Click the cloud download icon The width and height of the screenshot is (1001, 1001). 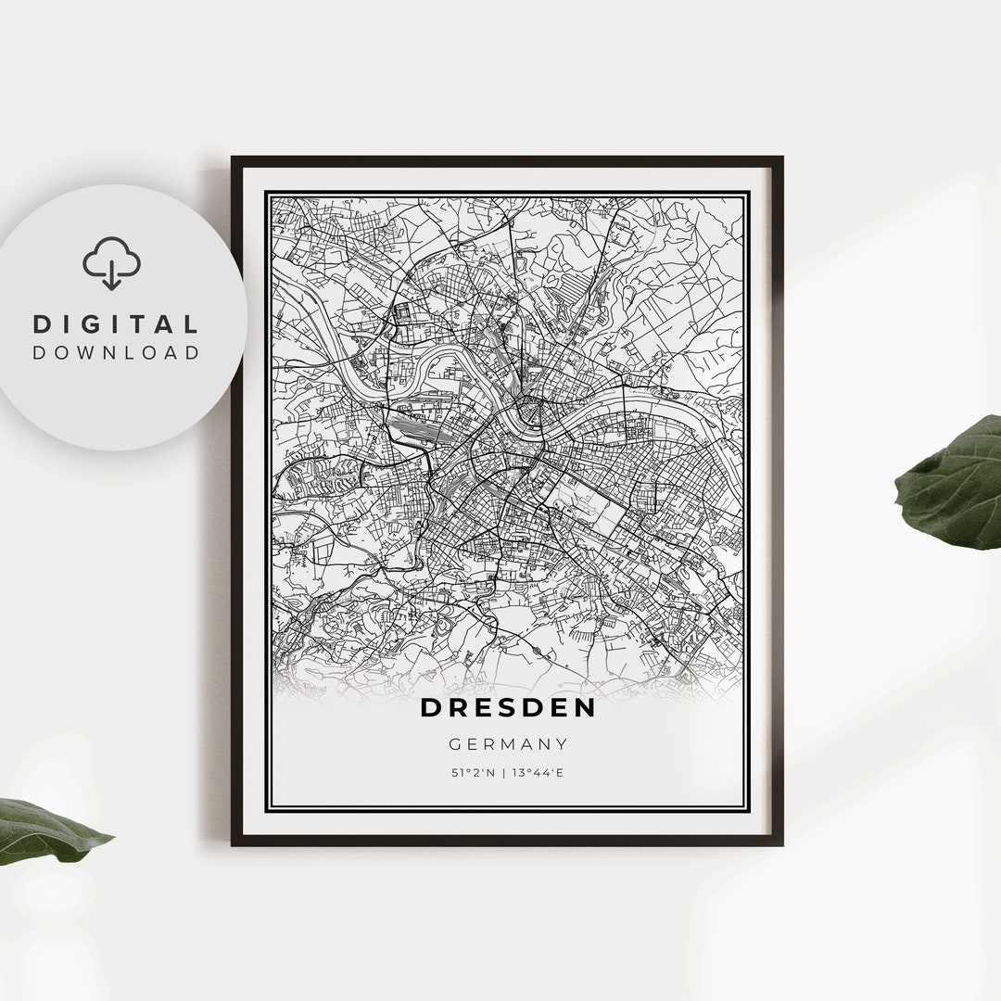click(111, 261)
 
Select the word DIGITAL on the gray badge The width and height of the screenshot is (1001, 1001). click(116, 324)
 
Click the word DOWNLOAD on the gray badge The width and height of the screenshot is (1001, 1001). click(116, 352)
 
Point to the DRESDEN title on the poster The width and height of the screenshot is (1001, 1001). click(508, 707)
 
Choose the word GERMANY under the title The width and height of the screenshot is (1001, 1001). click(508, 743)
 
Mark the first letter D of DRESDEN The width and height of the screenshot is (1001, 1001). click(432, 707)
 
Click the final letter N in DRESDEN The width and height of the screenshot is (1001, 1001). click(585, 707)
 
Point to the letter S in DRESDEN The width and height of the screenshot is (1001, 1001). click(509, 707)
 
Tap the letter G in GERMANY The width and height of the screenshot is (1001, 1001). click(454, 743)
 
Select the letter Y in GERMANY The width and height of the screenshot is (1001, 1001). click(562, 743)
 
